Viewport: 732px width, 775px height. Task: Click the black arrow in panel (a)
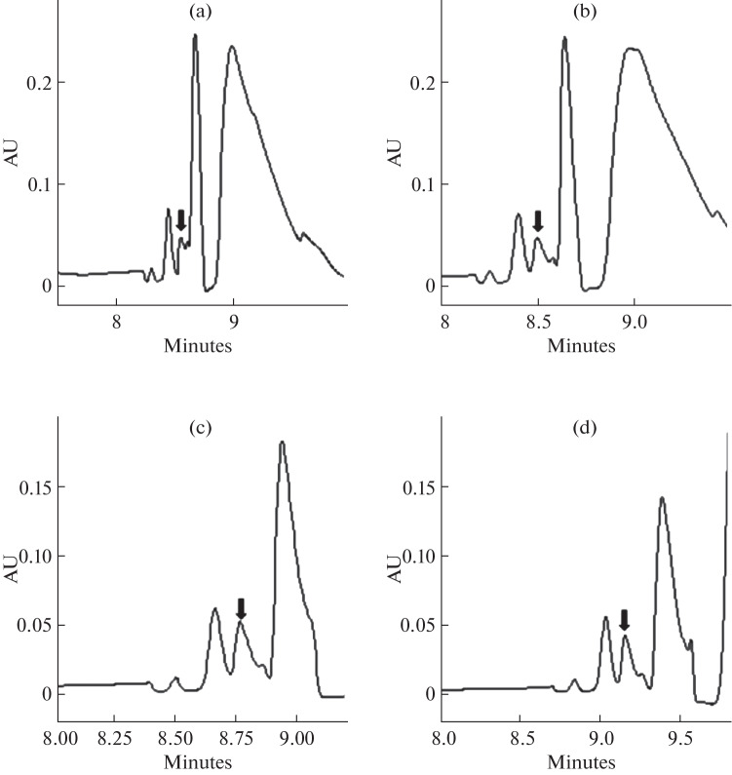(180, 220)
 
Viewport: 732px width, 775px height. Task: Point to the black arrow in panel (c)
(242, 608)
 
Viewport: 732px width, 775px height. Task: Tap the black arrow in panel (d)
(625, 619)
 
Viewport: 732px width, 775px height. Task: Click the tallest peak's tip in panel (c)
(282, 443)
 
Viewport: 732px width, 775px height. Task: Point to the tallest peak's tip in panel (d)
(662, 498)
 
